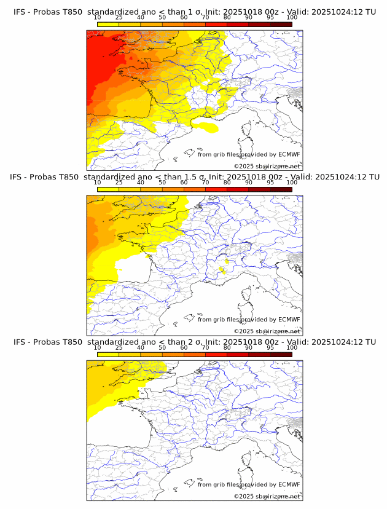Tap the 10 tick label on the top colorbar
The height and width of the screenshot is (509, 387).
click(x=97, y=18)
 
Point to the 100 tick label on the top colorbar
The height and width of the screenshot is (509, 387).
click(x=292, y=18)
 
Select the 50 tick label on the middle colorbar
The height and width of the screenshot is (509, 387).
click(x=162, y=183)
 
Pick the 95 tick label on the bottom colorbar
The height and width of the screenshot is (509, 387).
click(x=270, y=348)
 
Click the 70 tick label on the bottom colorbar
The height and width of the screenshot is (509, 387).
click(x=205, y=348)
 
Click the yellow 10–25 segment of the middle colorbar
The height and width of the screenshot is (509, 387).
click(x=107, y=189)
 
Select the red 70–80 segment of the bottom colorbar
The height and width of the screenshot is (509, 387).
click(x=216, y=355)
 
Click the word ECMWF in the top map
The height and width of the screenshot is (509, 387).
click(x=289, y=154)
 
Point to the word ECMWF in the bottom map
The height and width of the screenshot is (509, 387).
click(x=289, y=484)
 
